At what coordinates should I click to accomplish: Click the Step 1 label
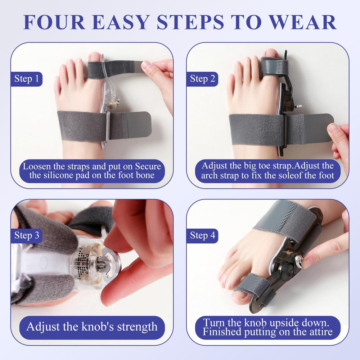[x=27, y=79]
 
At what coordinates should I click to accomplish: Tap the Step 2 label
[x=202, y=79]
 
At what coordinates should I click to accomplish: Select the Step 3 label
[x=27, y=235]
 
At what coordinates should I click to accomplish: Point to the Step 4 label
[x=202, y=235]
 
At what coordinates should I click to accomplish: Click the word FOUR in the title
[x=54, y=22]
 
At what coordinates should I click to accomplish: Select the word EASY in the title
[x=121, y=22]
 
